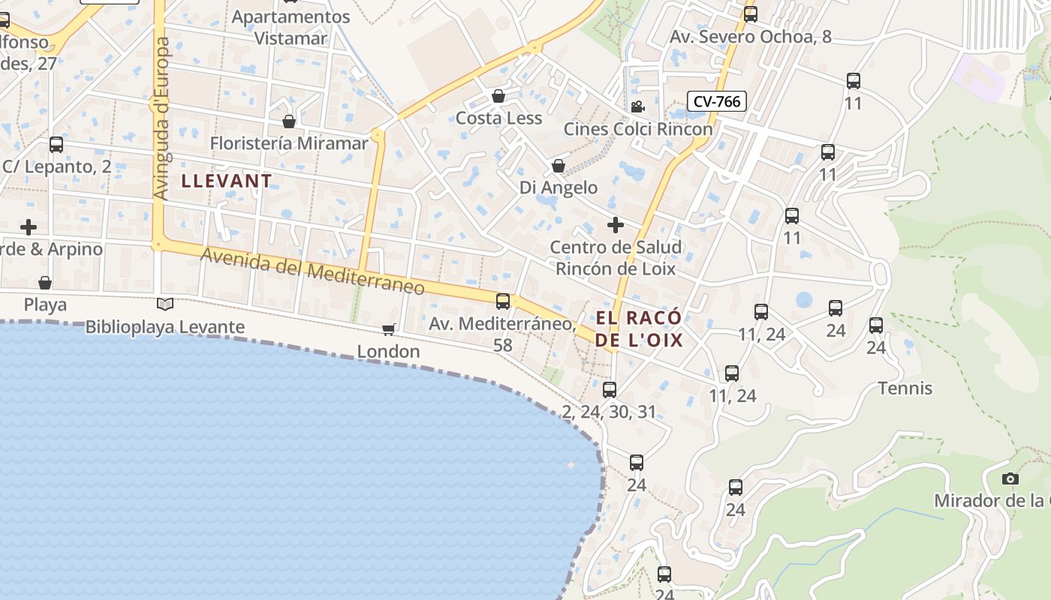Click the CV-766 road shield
click(x=717, y=101)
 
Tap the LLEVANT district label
click(x=226, y=181)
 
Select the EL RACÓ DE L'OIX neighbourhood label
click(x=640, y=328)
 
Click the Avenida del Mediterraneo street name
click(x=312, y=271)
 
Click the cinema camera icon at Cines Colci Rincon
click(x=637, y=107)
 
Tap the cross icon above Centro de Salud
click(x=615, y=225)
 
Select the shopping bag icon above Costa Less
click(x=498, y=96)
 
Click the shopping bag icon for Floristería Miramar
click(x=289, y=121)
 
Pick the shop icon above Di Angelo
click(x=559, y=166)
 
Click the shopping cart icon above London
click(x=388, y=329)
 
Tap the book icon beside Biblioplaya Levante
click(x=165, y=304)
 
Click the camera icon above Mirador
click(x=1010, y=478)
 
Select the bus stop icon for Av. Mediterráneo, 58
click(x=503, y=301)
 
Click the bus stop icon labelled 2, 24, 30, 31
click(x=610, y=390)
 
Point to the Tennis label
click(x=905, y=388)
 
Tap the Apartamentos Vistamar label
click(x=291, y=27)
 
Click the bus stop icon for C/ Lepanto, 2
click(x=56, y=145)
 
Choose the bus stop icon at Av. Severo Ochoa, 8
click(x=750, y=14)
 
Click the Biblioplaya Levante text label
click(x=165, y=327)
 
